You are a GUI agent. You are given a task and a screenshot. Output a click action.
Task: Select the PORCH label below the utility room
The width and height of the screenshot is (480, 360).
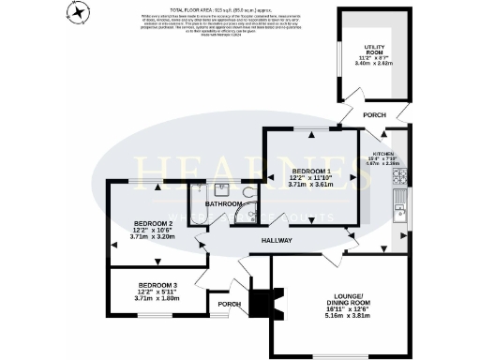[x=374, y=114]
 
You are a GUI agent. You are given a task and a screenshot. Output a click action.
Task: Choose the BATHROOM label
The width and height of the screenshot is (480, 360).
[x=225, y=203]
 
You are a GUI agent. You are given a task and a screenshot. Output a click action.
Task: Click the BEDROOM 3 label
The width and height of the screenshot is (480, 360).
[x=157, y=284]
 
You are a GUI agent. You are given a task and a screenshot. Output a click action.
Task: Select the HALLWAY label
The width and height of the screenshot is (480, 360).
[x=277, y=241]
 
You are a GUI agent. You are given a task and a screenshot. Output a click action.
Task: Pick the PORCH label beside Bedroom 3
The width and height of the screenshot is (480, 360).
[x=229, y=304]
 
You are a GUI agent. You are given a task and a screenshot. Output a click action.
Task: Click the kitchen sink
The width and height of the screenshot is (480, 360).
[x=398, y=203]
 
